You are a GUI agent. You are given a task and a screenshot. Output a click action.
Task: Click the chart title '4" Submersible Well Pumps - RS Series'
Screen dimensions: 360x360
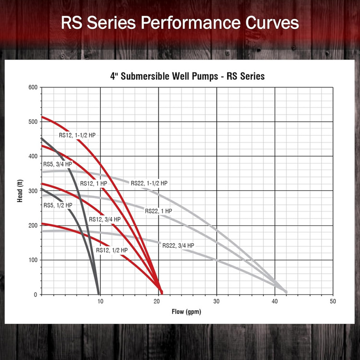187,76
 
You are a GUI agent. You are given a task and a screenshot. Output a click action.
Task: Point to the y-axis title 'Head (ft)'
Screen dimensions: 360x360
20,191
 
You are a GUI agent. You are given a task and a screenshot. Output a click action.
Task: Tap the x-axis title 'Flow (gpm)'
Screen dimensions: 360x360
187,312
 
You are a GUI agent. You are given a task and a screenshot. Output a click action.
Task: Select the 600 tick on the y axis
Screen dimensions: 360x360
33,87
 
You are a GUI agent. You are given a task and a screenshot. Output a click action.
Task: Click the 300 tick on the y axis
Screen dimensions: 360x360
33,191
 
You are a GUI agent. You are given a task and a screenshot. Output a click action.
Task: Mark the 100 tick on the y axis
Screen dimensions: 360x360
33,260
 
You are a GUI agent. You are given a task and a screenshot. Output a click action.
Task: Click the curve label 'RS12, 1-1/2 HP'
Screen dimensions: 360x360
77,135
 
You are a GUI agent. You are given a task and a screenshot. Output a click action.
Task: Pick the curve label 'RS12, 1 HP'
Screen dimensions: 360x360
93,184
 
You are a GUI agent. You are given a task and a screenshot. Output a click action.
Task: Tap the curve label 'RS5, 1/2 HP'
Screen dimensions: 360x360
58,205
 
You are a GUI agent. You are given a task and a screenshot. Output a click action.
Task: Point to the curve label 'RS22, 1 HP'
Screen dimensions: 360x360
158,211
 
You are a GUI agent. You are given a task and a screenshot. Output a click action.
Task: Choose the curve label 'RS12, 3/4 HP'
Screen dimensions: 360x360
105,219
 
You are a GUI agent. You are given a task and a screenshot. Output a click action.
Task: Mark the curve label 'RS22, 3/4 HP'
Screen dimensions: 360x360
178,246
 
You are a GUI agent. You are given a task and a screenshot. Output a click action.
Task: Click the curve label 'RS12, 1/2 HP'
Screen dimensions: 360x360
112,250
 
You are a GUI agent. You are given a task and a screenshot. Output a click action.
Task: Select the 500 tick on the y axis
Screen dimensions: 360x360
33,122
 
